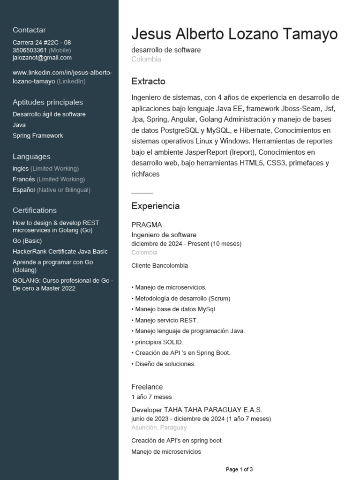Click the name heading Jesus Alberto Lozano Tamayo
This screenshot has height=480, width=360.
click(234, 34)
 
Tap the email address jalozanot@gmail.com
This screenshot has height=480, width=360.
click(42, 58)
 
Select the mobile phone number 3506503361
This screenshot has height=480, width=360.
click(30, 50)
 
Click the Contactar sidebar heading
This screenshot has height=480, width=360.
click(29, 30)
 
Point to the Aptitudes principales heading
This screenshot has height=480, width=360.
click(48, 102)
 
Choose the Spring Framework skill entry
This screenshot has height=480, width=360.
click(38, 135)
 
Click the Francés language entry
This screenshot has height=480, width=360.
click(24, 179)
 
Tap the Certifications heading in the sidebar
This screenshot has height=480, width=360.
click(35, 210)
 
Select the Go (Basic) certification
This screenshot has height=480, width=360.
click(27, 241)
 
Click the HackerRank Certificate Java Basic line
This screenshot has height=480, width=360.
click(60, 251)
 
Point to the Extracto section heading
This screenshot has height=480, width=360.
click(148, 82)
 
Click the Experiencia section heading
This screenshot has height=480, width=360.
click(155, 206)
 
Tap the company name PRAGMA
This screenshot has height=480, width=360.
click(147, 225)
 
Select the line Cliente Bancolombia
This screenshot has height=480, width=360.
click(160, 265)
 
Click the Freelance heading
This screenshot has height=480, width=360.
click(147, 387)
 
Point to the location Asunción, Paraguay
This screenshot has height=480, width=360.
click(159, 427)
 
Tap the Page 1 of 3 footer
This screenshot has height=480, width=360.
click(239, 469)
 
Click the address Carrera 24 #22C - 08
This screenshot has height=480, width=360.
click(42, 43)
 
